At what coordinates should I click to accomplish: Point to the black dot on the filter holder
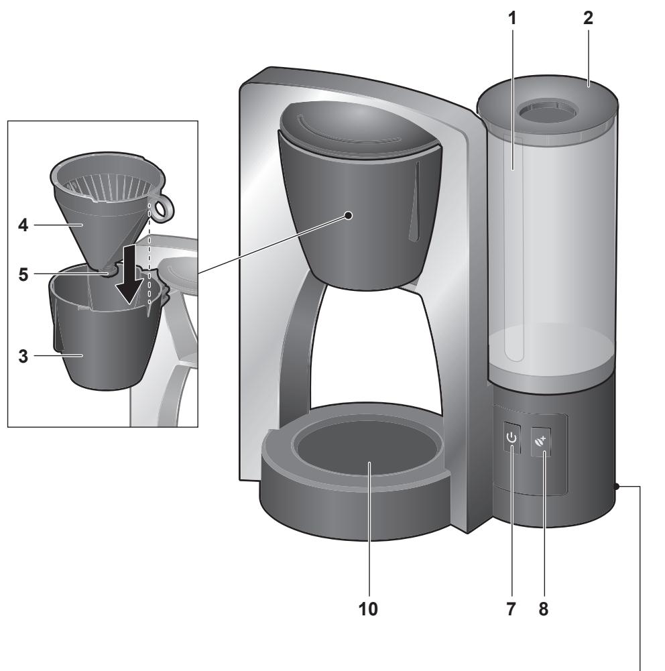348,215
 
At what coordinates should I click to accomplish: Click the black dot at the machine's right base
617,487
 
